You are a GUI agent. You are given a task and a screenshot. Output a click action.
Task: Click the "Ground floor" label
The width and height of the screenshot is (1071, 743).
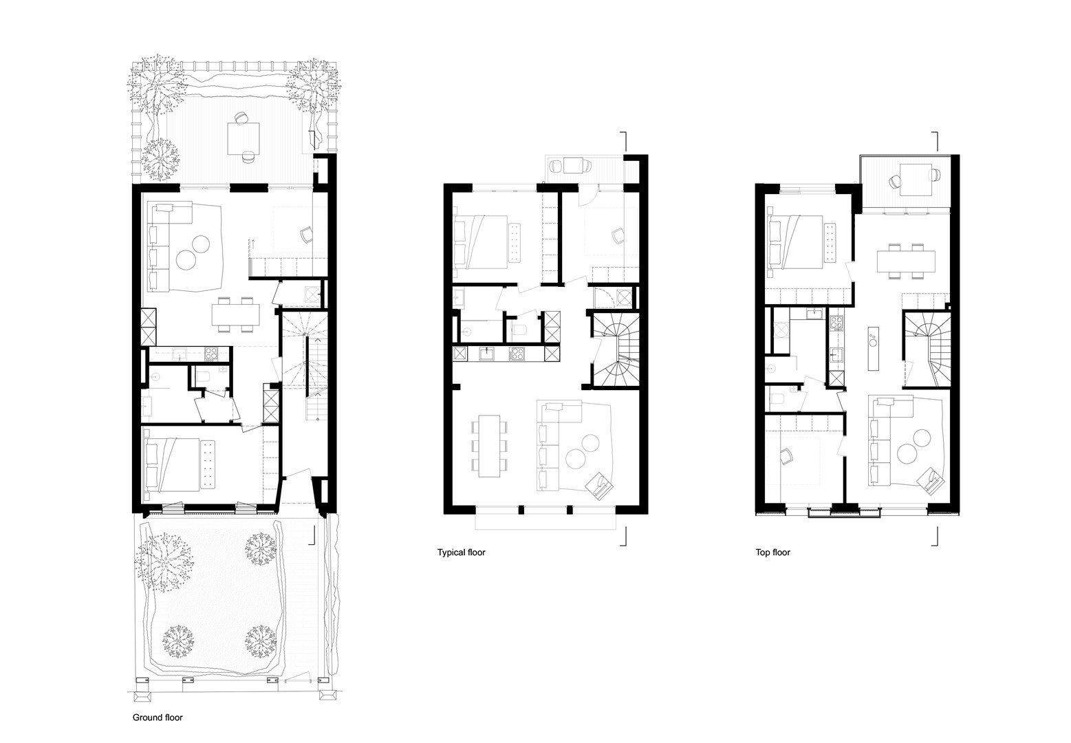point(158,717)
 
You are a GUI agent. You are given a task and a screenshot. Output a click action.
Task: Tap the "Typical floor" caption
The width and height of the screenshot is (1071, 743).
point(461,552)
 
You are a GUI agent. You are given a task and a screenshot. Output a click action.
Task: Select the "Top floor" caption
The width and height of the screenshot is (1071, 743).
point(772,552)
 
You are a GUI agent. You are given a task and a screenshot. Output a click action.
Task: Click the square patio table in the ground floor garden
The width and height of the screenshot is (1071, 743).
point(244,139)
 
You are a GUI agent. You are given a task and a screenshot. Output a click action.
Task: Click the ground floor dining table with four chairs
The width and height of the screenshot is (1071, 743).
point(236,314)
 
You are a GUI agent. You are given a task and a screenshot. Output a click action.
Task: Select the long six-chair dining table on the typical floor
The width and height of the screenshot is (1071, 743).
point(489,446)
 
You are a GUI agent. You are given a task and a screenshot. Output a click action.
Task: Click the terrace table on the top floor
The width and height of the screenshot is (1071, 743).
point(916,180)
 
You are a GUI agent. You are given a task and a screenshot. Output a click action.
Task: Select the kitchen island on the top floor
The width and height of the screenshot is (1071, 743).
point(873,348)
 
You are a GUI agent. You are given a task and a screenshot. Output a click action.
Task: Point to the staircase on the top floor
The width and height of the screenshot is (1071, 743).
point(926,349)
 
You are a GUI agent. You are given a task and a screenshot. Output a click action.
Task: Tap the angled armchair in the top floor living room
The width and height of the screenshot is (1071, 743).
point(932,480)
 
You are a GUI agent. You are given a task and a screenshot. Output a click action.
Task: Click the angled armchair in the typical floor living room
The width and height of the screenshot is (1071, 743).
point(600,486)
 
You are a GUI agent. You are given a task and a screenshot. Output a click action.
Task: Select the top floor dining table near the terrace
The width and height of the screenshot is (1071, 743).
point(905,261)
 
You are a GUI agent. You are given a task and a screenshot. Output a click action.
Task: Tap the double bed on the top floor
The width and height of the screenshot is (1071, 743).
point(794,242)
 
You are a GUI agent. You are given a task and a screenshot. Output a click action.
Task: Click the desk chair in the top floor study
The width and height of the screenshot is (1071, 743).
point(786,455)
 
